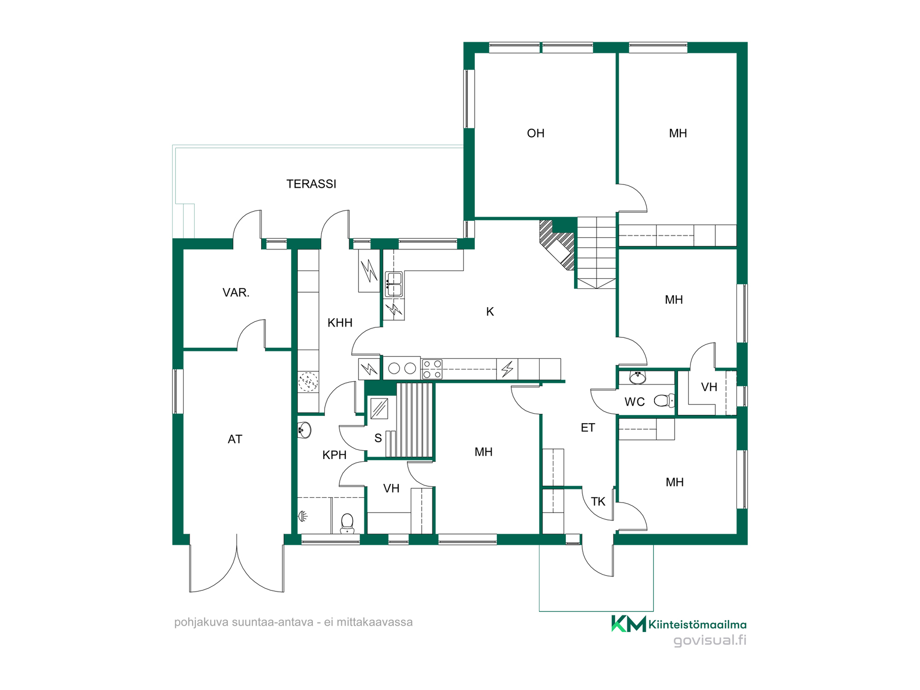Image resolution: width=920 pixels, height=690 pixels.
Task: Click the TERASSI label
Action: (x=311, y=184)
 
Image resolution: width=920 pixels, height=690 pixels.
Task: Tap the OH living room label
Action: (x=535, y=133)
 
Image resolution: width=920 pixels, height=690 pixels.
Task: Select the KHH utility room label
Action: (x=340, y=323)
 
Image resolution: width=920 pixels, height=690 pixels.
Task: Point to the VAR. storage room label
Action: (x=236, y=293)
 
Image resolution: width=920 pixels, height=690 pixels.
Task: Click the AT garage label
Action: (x=235, y=439)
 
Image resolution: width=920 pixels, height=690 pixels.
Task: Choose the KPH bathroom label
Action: (x=334, y=455)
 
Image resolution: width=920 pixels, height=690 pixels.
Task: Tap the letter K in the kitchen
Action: (x=490, y=312)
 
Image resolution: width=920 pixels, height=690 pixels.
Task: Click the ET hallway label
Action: (x=587, y=428)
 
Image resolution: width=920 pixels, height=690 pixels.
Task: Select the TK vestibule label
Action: (x=598, y=502)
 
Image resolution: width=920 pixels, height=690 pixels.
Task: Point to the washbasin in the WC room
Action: (x=637, y=378)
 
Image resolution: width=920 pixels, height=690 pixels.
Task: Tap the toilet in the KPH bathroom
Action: (x=347, y=524)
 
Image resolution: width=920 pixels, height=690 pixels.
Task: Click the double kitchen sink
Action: (x=394, y=284)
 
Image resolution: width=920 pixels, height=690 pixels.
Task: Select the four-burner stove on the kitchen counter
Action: (x=432, y=369)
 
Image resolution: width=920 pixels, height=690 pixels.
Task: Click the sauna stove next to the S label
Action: (x=379, y=409)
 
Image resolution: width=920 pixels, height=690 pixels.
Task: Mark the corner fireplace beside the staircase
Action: (x=557, y=244)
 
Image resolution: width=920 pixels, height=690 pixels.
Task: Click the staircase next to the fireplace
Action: (x=596, y=253)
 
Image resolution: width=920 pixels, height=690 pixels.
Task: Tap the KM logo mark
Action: (x=628, y=624)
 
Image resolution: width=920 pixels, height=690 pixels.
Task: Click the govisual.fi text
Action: (x=710, y=641)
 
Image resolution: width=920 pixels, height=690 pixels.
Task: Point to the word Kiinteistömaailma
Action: (x=697, y=624)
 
